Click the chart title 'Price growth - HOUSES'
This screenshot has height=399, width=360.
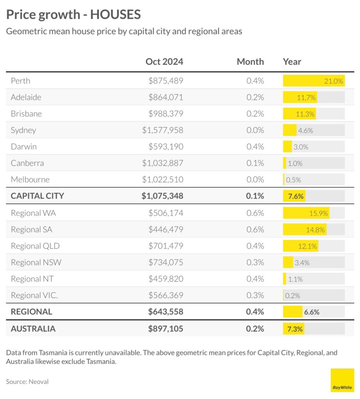73,15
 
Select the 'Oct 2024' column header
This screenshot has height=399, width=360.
164,62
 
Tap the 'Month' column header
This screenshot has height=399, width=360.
250,62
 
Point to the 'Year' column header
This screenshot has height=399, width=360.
292,62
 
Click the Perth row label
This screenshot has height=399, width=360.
21,81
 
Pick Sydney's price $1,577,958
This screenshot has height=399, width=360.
163,130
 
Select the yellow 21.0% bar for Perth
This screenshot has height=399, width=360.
314,81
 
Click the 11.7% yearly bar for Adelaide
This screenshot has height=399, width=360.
300,97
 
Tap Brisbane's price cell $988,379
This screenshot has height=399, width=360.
166,114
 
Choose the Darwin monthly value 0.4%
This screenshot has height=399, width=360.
255,147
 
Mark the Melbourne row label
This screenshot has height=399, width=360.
30,180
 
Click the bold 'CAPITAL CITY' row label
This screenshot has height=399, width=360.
37,196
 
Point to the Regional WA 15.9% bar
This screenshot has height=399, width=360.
306,213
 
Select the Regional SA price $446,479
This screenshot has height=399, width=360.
166,230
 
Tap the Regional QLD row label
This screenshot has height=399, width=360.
35,246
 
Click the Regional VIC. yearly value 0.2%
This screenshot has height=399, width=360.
293,295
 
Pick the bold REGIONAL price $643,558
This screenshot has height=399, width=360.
165,312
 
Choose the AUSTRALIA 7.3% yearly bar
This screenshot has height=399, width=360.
294,328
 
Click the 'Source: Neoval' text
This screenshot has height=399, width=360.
27,381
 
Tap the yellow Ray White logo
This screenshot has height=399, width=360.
342,380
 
